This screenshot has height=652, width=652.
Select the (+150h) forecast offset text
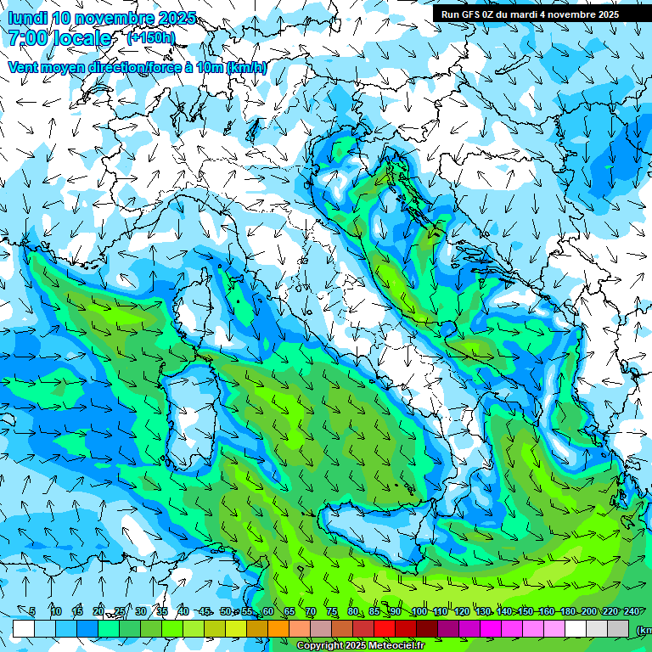151,38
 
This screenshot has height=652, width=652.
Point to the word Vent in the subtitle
25,68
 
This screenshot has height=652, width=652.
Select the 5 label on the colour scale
32,611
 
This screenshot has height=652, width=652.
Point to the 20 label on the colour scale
98,611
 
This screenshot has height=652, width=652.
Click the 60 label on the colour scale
268,611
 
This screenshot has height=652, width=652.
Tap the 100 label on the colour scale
419,611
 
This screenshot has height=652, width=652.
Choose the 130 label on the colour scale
483,611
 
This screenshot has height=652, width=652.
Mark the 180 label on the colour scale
568,611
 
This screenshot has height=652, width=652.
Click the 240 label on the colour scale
632,611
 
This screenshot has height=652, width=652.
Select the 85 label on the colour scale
374,611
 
